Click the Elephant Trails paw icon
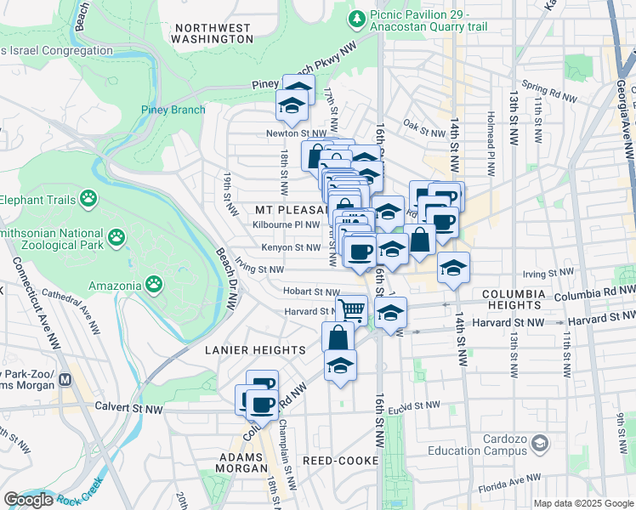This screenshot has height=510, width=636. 89,199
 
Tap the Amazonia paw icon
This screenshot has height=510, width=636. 154,282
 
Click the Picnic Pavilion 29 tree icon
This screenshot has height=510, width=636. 359,18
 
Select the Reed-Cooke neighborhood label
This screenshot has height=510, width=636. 334,460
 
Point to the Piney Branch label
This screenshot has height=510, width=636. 173,110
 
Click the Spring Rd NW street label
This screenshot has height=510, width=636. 549,87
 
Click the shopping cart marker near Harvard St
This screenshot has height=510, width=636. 351,309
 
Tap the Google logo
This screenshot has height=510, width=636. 29,500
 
